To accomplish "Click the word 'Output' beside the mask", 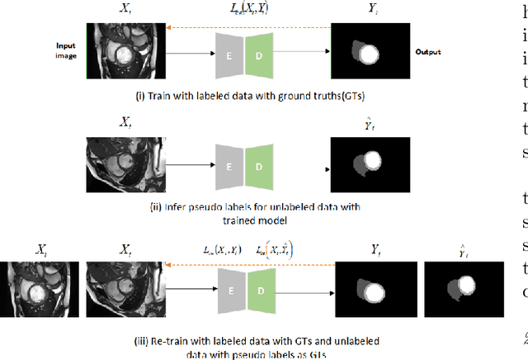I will [x=427, y=51].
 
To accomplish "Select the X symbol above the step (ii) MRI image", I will [x=125, y=121].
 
